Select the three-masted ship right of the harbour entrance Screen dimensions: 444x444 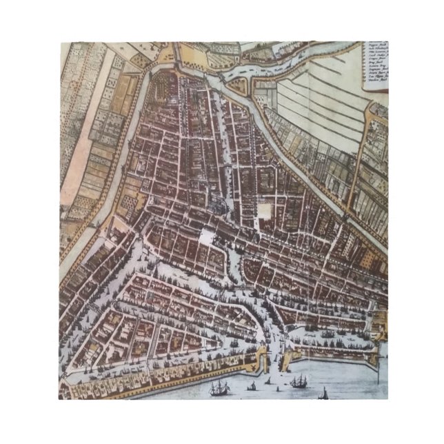click(299, 381)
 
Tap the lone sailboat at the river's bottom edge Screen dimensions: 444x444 click(324, 394)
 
